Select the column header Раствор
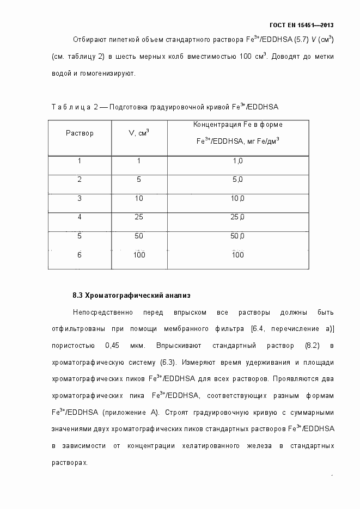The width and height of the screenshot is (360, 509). click(x=80, y=133)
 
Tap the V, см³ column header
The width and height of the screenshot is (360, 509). click(x=139, y=133)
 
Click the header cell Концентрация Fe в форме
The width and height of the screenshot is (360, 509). click(x=237, y=125)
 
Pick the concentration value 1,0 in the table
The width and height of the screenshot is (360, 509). click(x=237, y=161)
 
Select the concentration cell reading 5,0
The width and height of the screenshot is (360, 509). click(x=237, y=180)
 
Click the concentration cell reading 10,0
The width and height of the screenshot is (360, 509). click(x=237, y=198)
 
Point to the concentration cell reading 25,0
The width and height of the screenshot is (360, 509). click(x=237, y=217)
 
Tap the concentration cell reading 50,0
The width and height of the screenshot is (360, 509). click(x=237, y=236)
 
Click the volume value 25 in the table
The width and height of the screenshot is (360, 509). click(x=139, y=217)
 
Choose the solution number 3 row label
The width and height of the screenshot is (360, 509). click(x=80, y=198)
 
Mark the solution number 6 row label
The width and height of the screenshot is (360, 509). click(x=80, y=254)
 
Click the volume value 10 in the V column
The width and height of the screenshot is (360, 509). click(x=139, y=198)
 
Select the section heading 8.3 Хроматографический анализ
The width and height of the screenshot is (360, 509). click(x=131, y=296)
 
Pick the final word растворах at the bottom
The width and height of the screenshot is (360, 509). click(x=69, y=462)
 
